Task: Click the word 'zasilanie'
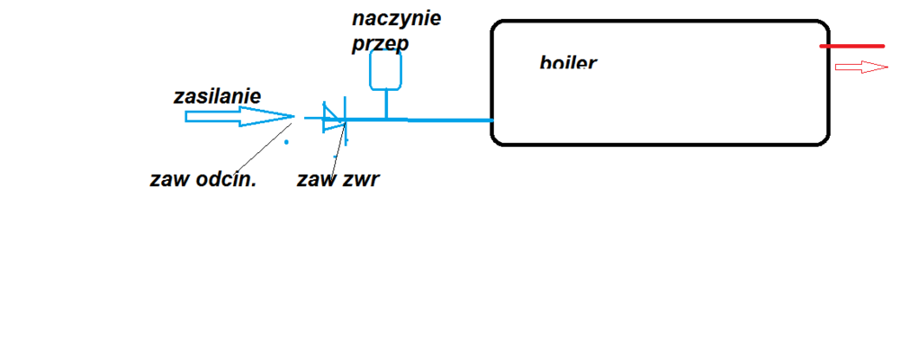(x=217, y=96)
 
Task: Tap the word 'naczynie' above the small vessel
(x=397, y=19)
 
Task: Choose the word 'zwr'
(x=360, y=179)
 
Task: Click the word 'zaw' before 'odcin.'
(x=168, y=179)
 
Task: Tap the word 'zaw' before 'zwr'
(x=316, y=179)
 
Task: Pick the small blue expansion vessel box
(x=385, y=69)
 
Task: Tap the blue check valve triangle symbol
(x=334, y=118)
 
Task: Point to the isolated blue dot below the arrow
(x=287, y=142)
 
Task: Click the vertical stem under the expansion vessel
(x=386, y=103)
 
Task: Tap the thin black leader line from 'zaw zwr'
(x=338, y=148)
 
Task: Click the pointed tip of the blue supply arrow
(x=292, y=116)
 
